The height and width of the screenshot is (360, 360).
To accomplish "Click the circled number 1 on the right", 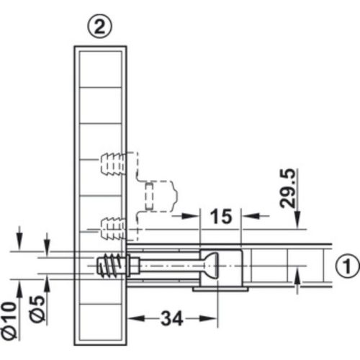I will click(x=346, y=266).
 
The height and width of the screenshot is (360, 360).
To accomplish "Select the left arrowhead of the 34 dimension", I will click(x=134, y=315).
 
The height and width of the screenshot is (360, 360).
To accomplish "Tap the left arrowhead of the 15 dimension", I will click(x=195, y=215).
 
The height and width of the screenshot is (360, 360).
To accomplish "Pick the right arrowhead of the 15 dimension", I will click(x=245, y=215).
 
